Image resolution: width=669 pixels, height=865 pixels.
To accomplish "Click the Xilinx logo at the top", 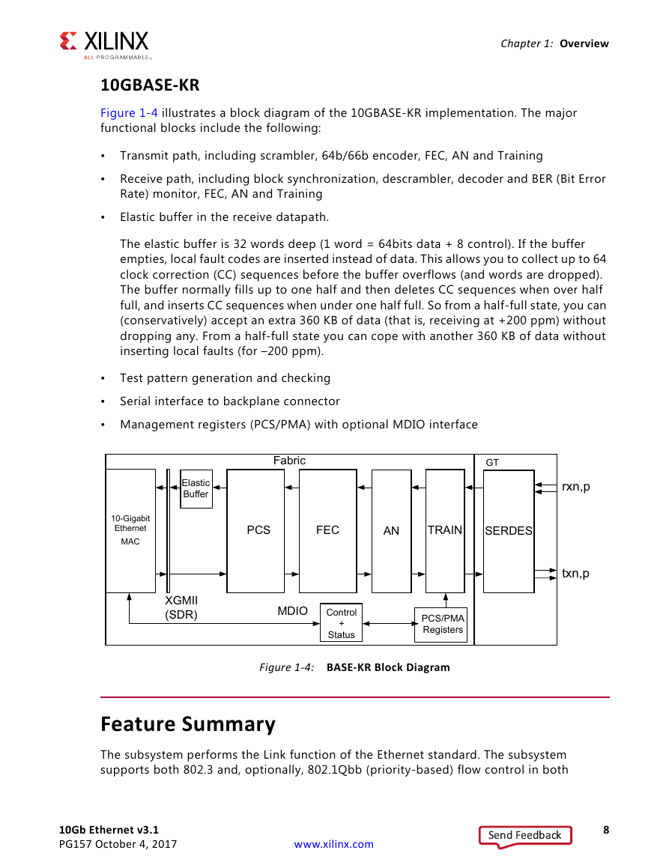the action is pos(104,45).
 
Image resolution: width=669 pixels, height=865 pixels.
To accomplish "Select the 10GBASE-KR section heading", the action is pos(150,85).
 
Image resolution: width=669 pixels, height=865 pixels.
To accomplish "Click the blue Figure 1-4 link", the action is pos(129,112).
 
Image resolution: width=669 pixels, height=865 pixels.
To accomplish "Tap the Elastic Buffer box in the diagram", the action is pos(196,489).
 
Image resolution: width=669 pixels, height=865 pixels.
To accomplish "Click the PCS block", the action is pos(255,531).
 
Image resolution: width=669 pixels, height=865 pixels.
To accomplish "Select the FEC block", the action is pos(327,531).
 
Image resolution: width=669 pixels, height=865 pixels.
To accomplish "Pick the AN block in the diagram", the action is pos(391,531).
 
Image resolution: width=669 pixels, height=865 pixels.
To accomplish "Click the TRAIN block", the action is pos(445,531).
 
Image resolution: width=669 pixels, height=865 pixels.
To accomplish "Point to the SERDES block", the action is pos(509,531).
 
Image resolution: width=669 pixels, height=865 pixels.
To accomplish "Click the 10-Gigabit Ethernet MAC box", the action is pos(130,531).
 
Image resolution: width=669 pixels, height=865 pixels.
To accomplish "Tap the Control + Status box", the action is pos(341,623).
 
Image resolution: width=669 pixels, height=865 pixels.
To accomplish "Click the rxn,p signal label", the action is pos(575,487).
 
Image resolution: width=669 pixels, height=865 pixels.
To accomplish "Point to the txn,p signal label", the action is pos(575,573).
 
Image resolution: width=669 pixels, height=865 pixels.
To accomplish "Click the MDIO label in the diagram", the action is pos(293,610).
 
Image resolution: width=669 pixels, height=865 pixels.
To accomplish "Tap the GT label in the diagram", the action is pos(491,462).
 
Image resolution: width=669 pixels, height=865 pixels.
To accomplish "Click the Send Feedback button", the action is pos(525,835).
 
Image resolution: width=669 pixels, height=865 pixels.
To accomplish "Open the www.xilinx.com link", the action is pos(333,844).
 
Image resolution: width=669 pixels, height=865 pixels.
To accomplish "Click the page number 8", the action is pos(606,830).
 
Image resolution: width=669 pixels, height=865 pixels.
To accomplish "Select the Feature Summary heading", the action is pos(188,723).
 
